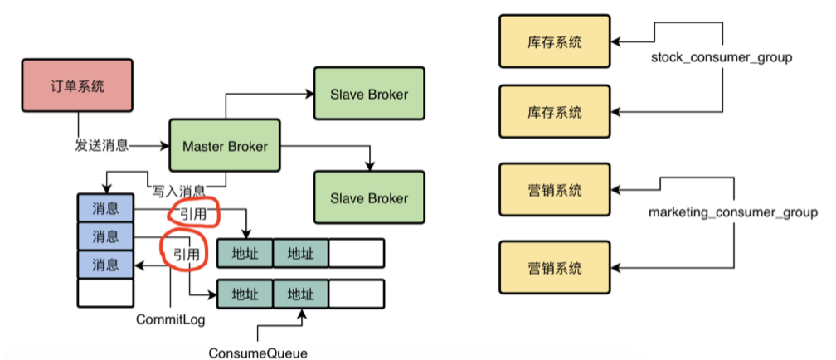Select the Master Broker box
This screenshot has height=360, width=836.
point(225,147)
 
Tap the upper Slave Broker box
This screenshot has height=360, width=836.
point(369,94)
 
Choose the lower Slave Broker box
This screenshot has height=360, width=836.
point(369,198)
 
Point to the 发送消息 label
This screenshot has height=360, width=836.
point(101,145)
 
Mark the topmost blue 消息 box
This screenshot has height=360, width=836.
point(105,207)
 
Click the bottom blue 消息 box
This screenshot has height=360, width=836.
point(105,265)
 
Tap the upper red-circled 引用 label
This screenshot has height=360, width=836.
point(193,214)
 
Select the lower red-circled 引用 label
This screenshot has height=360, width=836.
point(187,254)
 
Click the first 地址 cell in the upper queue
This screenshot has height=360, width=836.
point(245,253)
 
